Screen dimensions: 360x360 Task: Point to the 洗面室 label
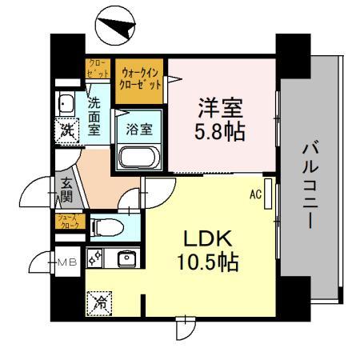tap(94, 116)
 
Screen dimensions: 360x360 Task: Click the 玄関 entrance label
tap(66, 189)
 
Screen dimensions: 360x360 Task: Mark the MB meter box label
tap(65, 261)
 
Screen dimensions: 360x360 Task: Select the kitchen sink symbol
tap(125, 259)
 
